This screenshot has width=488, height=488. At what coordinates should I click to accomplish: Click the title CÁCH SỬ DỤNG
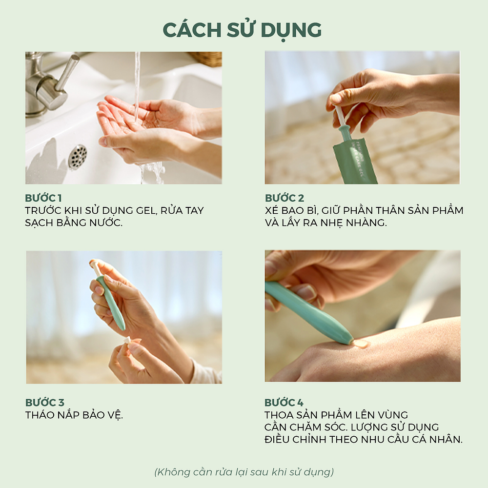[242, 30]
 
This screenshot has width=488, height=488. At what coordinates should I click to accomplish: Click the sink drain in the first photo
[78, 157]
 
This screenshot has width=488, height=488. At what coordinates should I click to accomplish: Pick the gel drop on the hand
[361, 344]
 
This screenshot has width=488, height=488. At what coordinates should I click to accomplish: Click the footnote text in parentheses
[244, 472]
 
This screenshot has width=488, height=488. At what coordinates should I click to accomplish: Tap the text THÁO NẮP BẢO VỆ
[74, 415]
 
